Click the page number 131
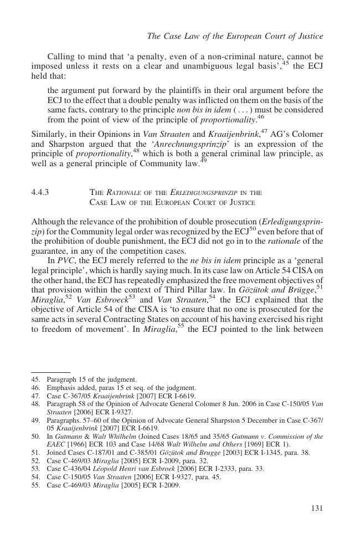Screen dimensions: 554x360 316,508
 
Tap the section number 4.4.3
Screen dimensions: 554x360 42,192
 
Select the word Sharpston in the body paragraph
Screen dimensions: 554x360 66,145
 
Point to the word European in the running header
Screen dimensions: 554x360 244,37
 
